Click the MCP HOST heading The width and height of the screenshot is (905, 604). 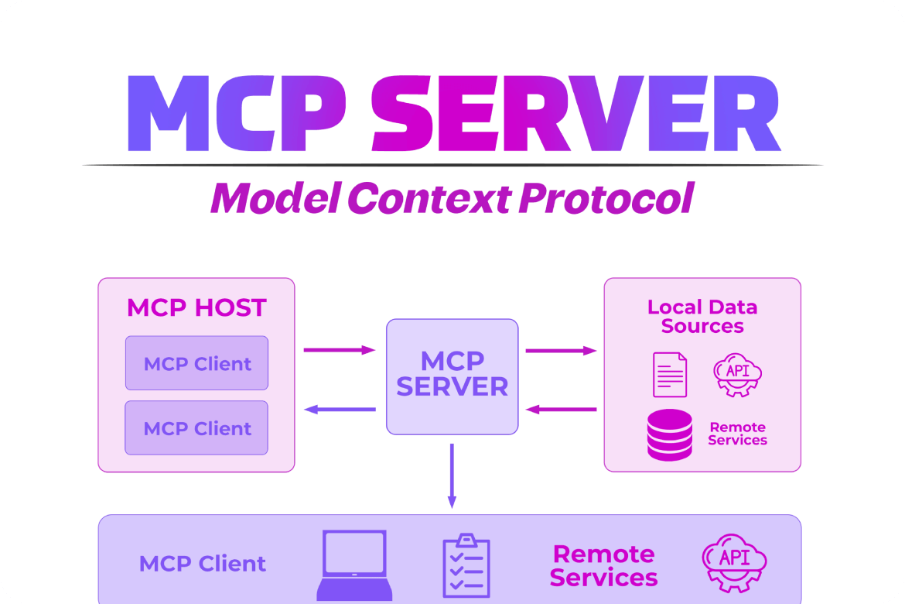(x=196, y=307)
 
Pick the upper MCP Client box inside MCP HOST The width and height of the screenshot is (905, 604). (x=197, y=363)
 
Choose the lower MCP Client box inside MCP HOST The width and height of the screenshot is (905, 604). (x=197, y=428)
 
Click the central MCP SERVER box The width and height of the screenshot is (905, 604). (x=452, y=376)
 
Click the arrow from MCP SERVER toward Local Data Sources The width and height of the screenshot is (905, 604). (x=561, y=351)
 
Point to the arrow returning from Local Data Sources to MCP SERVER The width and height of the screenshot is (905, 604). (x=561, y=409)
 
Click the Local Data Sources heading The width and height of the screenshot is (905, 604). (x=702, y=317)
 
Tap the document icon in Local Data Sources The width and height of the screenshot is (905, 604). (x=670, y=374)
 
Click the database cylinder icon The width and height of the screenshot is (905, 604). (x=670, y=434)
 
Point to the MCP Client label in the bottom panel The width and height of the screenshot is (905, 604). (x=203, y=564)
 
